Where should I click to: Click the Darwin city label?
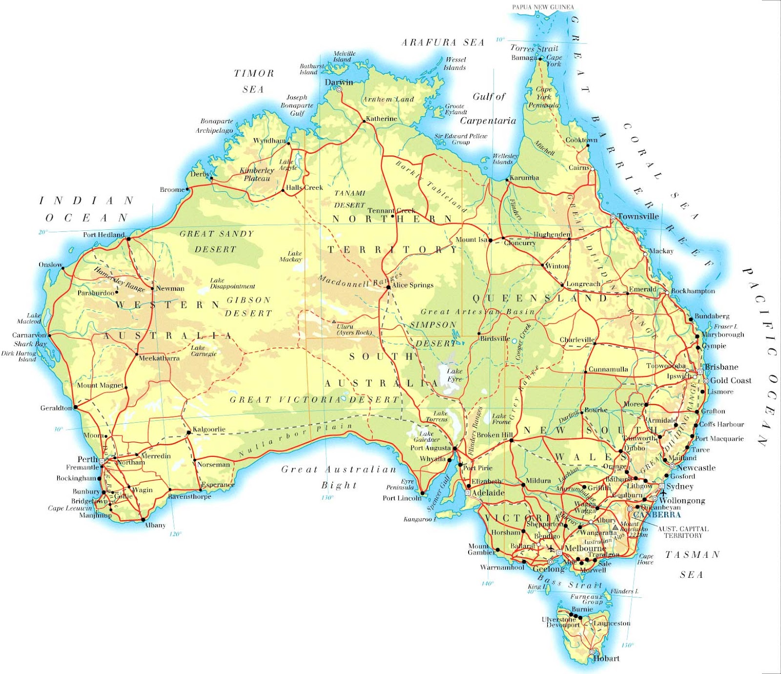[339, 82]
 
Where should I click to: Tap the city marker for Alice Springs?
[389, 287]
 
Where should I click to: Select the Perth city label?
[87, 459]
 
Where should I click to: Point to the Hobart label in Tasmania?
[606, 658]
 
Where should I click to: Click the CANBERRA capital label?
[657, 514]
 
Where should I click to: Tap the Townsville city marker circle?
[613, 217]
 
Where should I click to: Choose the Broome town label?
[172, 189]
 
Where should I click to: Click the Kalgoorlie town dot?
[189, 432]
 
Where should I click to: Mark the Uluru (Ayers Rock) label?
[354, 329]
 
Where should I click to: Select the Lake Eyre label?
[454, 375]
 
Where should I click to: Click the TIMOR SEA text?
[254, 81]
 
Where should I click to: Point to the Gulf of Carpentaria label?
[488, 108]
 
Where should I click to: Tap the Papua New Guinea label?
[543, 7]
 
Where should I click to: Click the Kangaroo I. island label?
[420, 519]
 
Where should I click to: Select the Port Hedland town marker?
[128, 239]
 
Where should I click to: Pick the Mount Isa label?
[472, 240]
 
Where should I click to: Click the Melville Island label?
[344, 57]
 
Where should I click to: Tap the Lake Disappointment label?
[232, 284]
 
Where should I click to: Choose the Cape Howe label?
[645, 559]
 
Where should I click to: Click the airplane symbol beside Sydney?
[663, 493]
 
